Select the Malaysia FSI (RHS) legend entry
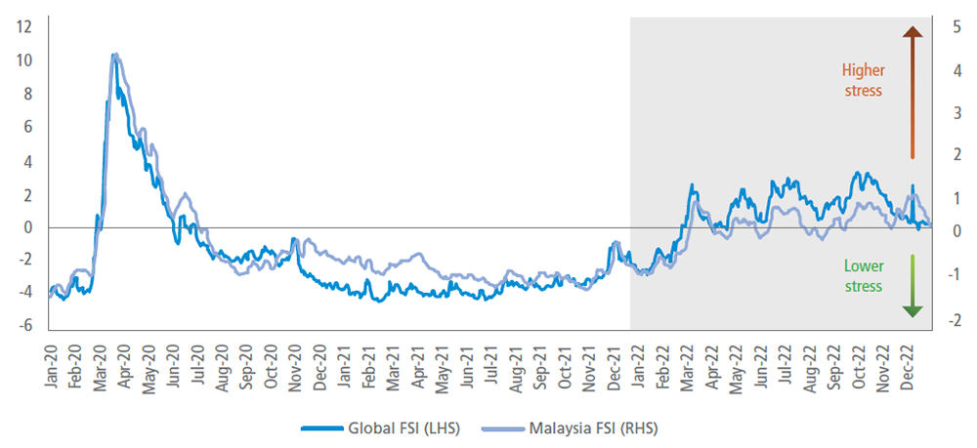(x=584, y=428)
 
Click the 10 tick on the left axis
(x=26, y=61)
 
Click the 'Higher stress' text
(x=863, y=80)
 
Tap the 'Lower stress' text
(x=863, y=276)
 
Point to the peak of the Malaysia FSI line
(x=115, y=55)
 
